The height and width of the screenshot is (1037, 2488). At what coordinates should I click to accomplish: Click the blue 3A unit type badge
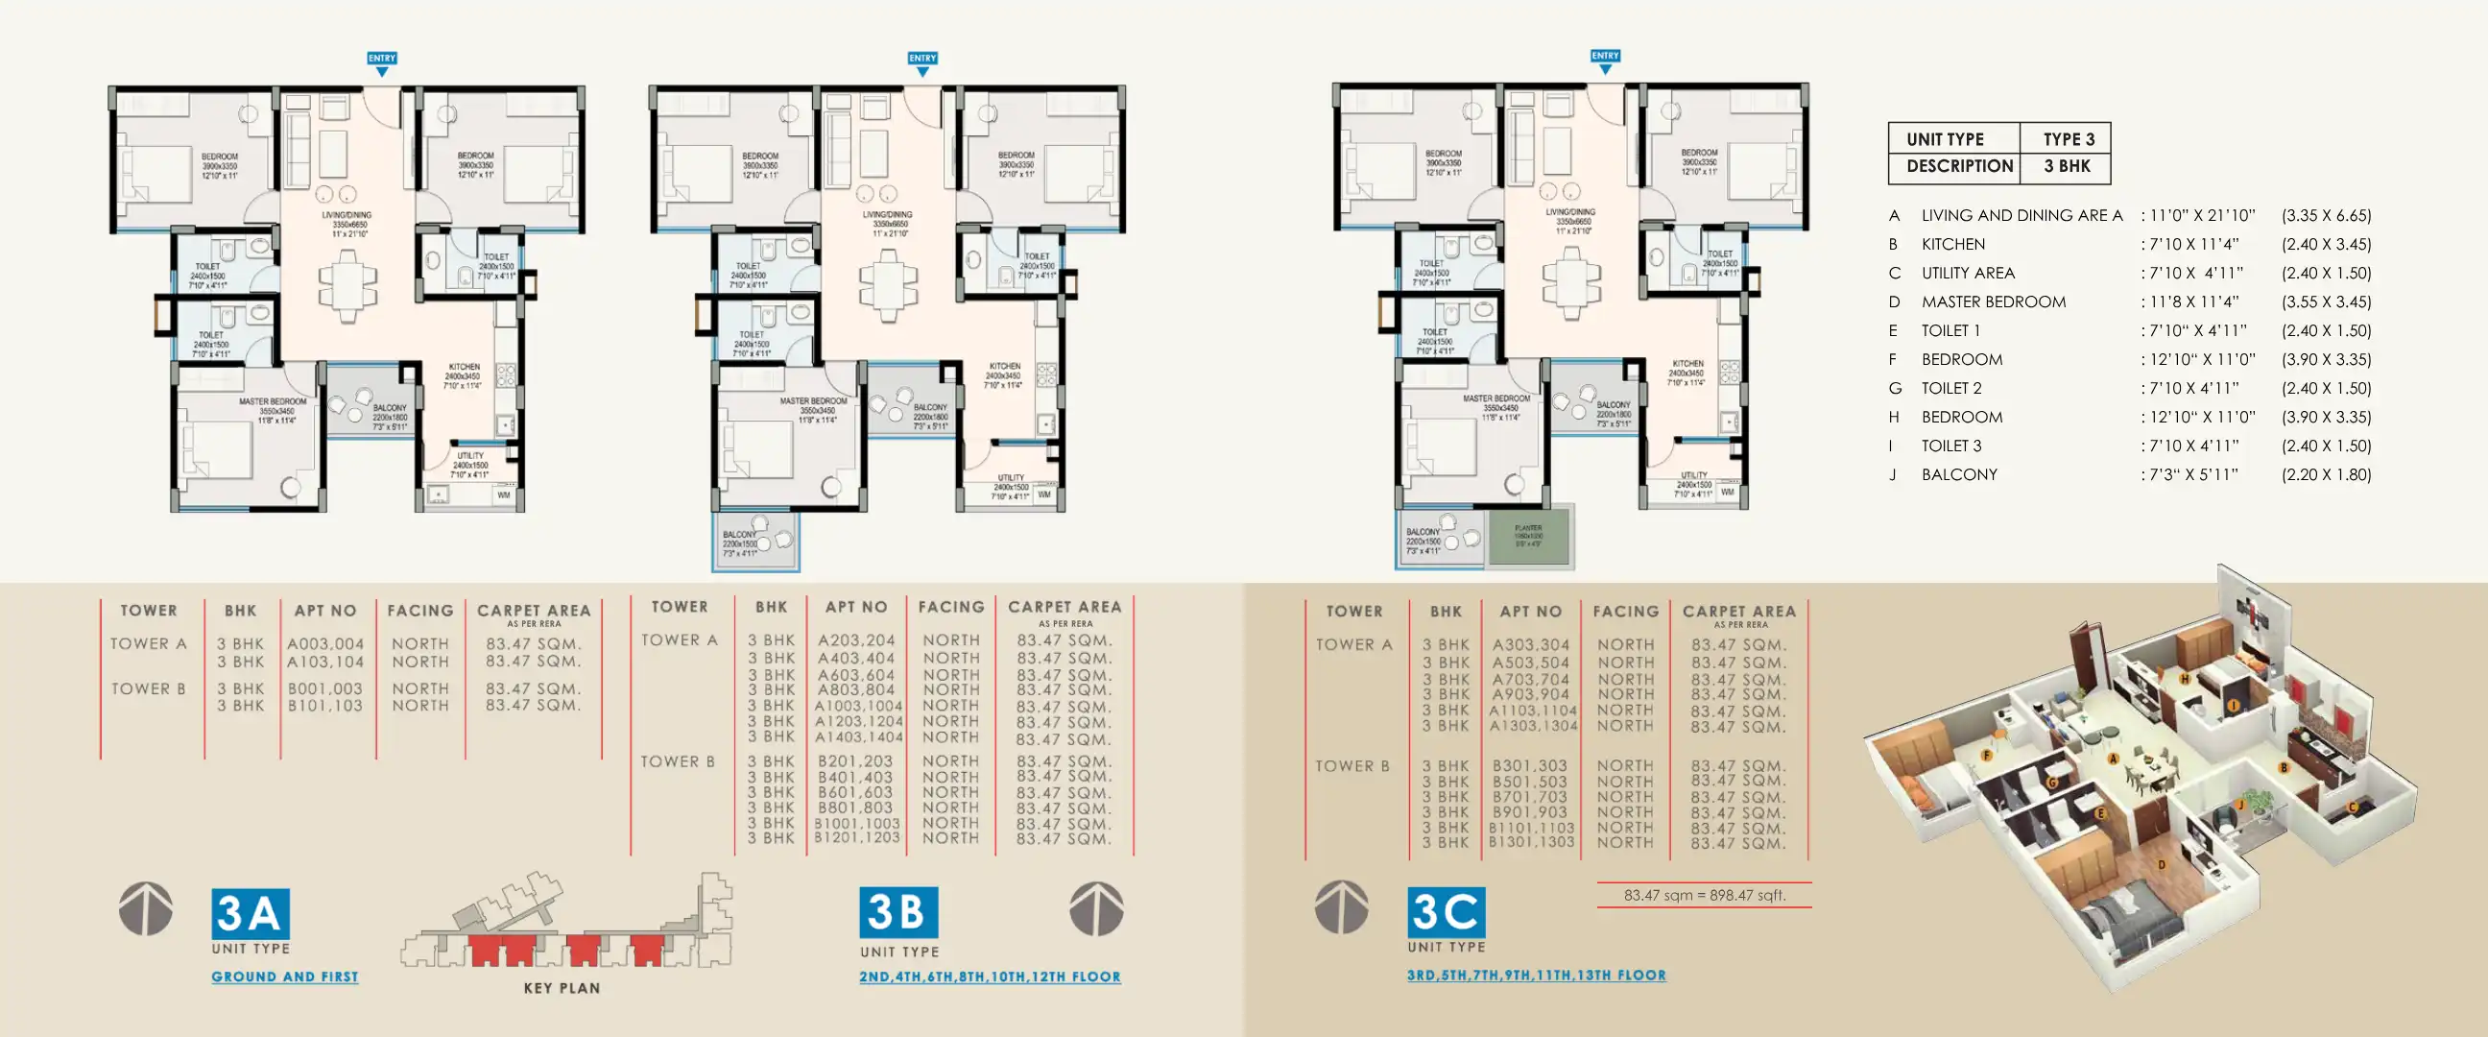pyautogui.click(x=251, y=913)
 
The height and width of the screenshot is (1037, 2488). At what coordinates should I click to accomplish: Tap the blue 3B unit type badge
pyautogui.click(x=898, y=912)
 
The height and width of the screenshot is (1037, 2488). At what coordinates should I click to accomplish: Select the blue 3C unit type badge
pyautogui.click(x=1446, y=911)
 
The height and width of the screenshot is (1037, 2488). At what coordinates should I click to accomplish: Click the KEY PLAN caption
pyautogui.click(x=562, y=988)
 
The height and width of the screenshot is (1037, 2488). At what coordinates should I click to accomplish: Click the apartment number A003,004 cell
pyautogui.click(x=325, y=643)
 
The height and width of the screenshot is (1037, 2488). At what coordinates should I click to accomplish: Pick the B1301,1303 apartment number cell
pyautogui.click(x=1531, y=843)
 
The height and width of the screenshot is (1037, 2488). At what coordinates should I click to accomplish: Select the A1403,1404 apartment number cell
pyautogui.click(x=858, y=737)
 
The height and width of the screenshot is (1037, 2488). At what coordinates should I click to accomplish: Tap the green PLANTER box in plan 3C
pyautogui.click(x=1528, y=537)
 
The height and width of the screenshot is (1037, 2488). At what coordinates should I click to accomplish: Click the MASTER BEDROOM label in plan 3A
pyautogui.click(x=274, y=402)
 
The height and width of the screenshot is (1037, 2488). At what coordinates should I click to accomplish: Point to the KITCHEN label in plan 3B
pyautogui.click(x=1004, y=367)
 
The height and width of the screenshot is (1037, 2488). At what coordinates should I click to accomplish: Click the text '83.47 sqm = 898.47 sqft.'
pyautogui.click(x=1705, y=895)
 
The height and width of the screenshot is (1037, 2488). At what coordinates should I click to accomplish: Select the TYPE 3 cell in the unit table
pyautogui.click(x=2068, y=139)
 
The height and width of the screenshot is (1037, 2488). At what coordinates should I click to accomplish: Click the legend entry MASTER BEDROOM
pyautogui.click(x=1994, y=301)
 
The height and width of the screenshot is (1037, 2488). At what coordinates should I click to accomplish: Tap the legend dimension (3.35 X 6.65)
pyautogui.click(x=2326, y=215)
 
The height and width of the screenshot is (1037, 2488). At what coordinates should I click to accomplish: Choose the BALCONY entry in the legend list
pyautogui.click(x=1959, y=474)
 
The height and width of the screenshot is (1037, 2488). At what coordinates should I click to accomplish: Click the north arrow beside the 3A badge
pyautogui.click(x=146, y=908)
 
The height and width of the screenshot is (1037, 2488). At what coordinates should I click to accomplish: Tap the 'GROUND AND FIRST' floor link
pyautogui.click(x=285, y=977)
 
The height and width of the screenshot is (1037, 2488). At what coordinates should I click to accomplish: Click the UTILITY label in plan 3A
pyautogui.click(x=470, y=456)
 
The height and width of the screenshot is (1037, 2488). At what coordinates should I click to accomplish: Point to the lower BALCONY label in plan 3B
pyautogui.click(x=740, y=535)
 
